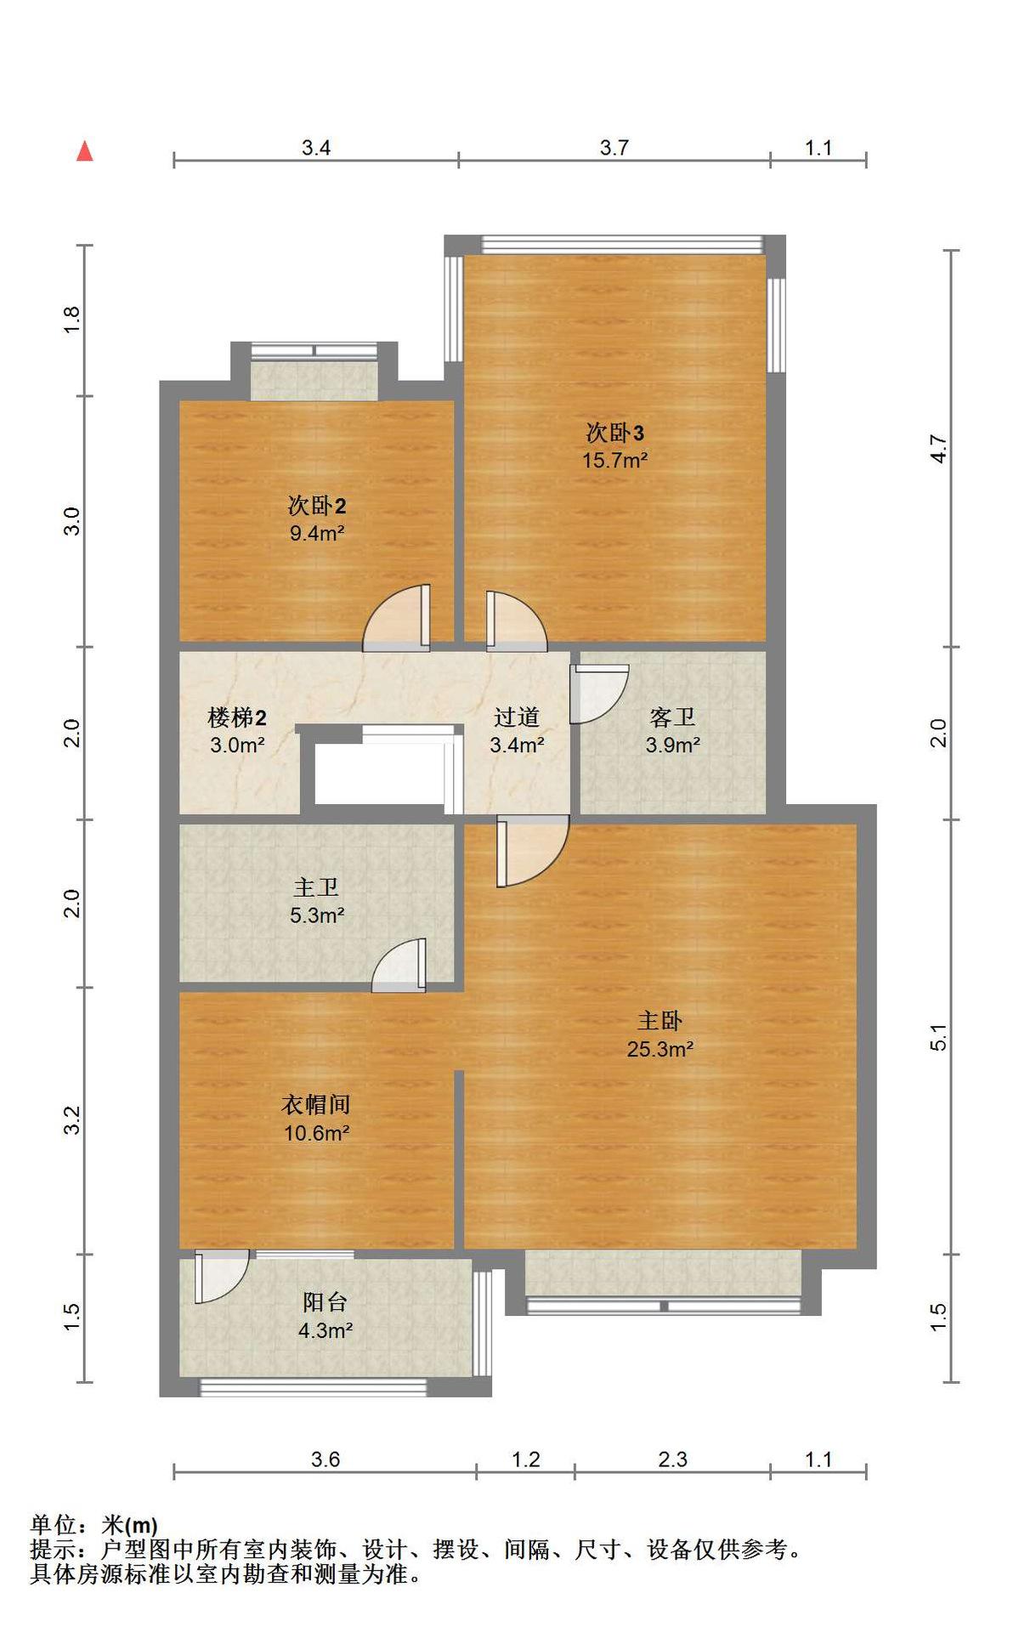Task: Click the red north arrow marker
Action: [85, 151]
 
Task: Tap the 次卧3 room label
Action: [615, 433]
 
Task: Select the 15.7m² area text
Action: [614, 461]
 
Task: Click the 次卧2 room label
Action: [317, 506]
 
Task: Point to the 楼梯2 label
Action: [237, 718]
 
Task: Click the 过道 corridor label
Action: [517, 717]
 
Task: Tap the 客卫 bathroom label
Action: [672, 717]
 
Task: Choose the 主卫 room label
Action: [316, 888]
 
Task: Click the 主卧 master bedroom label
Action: [660, 1021]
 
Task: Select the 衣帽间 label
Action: [316, 1105]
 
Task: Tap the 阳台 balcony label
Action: [326, 1302]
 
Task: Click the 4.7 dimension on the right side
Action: [938, 448]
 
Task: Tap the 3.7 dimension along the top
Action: [614, 148]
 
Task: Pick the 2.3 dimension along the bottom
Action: [672, 1459]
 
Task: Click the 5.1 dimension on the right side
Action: [938, 1037]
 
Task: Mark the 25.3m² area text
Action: [660, 1050]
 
